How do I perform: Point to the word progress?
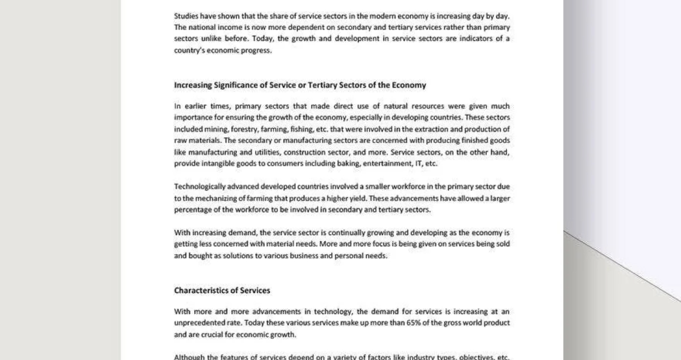[x=258, y=51]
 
